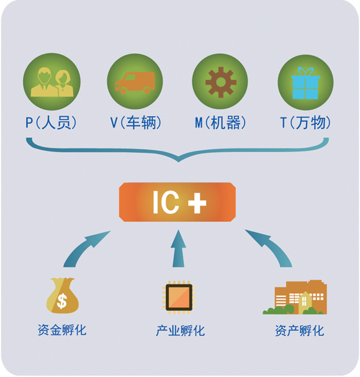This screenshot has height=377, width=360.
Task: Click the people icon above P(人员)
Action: (52, 82)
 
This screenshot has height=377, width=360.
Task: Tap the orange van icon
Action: (135, 83)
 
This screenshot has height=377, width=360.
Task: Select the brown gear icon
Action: (221, 82)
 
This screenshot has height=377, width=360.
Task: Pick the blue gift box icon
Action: (305, 83)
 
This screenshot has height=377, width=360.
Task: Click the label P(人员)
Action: (51, 122)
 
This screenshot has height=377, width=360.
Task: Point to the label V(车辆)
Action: (136, 122)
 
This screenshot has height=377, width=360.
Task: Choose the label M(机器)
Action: (220, 122)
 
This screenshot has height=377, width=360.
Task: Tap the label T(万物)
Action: (305, 122)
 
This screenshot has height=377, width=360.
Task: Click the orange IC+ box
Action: (178, 202)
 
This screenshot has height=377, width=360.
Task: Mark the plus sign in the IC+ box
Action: (197, 202)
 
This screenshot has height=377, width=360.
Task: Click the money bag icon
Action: (62, 295)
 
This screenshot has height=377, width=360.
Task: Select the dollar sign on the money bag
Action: (62, 301)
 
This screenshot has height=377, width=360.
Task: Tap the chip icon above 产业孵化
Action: (179, 297)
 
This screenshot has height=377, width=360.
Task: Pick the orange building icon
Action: (295, 297)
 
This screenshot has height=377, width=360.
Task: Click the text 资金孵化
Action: (62, 330)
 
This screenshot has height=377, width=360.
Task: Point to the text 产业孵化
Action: (180, 330)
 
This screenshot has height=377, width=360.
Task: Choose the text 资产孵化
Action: (299, 330)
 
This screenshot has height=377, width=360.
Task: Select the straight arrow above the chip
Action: (178, 249)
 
